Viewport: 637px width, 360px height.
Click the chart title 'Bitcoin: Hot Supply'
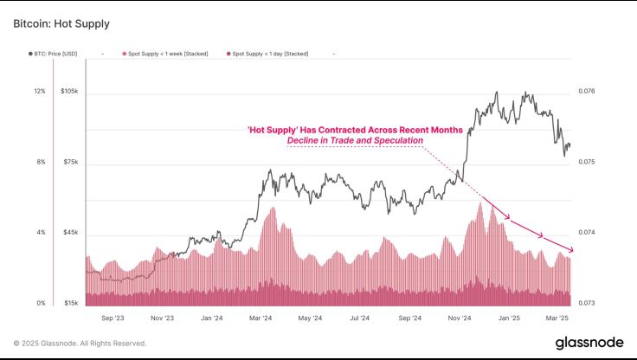[x=61, y=23]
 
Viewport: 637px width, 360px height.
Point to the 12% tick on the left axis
[x=39, y=91]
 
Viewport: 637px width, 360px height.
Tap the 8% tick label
[x=40, y=162]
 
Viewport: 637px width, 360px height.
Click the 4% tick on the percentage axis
[x=40, y=233]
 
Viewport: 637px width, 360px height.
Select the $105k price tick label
[x=70, y=91]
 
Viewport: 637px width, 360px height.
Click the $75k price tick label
[x=70, y=162]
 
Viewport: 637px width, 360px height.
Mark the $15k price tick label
[x=70, y=304]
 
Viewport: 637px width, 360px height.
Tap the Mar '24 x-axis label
[x=261, y=318]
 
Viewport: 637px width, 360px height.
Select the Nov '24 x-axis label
[x=460, y=318]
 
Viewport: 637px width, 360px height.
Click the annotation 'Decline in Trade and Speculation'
[x=355, y=140]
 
